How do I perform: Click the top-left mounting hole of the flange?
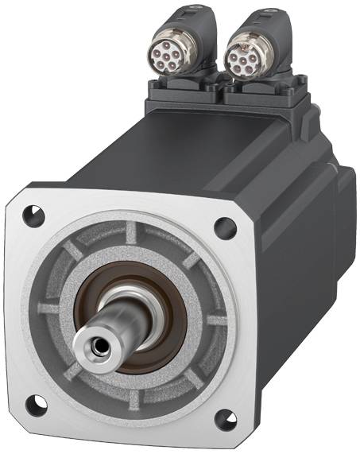(31, 213)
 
